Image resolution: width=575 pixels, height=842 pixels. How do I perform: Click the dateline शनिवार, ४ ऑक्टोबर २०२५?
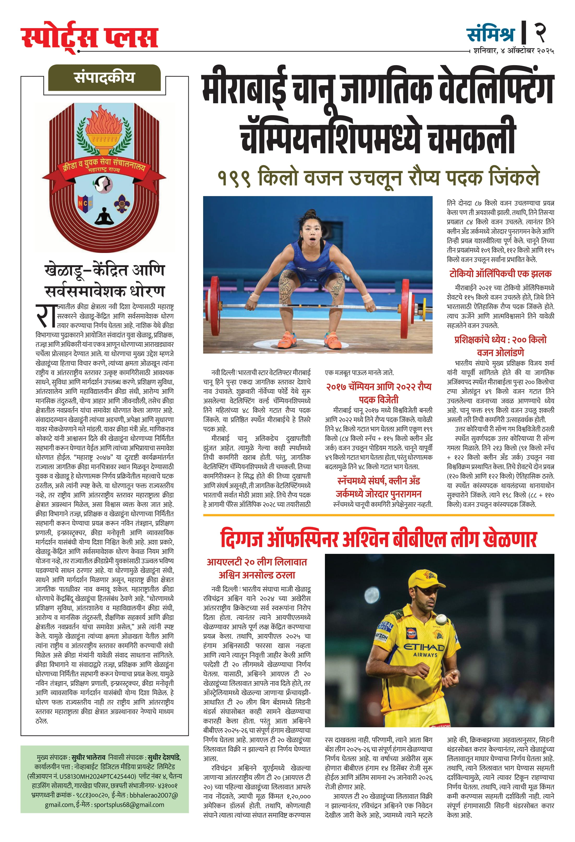pos(513,51)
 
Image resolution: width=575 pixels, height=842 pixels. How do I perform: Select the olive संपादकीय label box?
pos(104,77)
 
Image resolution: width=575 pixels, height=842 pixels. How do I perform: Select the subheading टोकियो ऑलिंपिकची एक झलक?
pos(500,274)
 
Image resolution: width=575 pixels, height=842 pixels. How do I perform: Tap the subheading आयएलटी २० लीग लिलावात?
pos(257,562)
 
